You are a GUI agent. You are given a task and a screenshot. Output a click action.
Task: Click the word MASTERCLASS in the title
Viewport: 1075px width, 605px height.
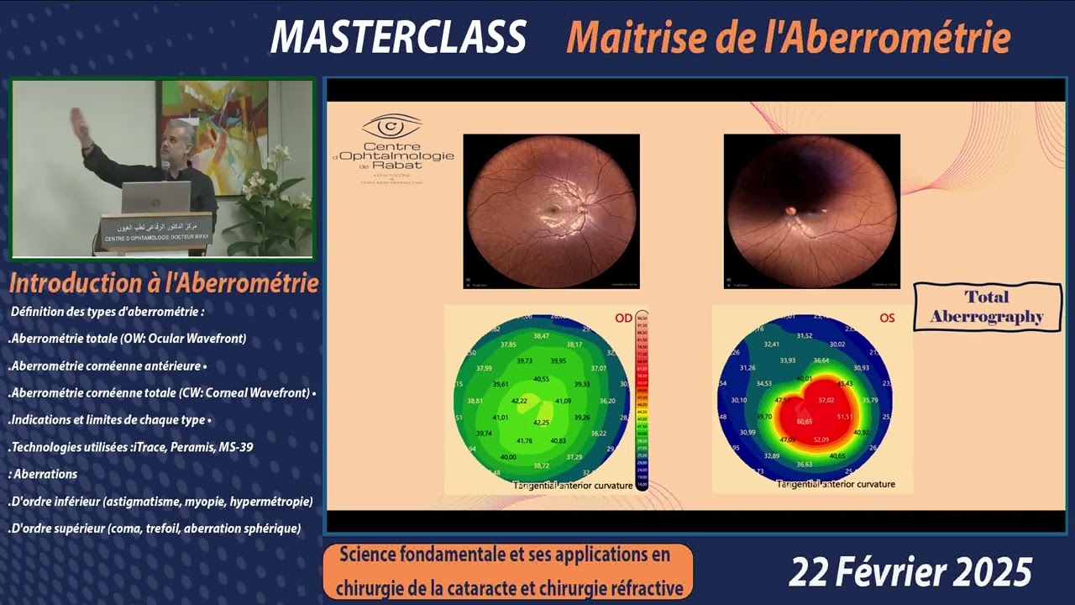398,37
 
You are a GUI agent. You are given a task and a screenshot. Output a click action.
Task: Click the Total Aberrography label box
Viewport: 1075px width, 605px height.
987,307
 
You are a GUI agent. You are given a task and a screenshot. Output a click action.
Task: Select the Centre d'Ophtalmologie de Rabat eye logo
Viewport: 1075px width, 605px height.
391,129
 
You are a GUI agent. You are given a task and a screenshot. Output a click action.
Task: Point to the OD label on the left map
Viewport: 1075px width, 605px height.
623,318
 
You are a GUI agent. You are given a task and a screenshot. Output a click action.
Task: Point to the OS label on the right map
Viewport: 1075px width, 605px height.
887,318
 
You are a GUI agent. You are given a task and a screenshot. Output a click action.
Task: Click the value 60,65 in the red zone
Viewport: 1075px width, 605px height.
805,421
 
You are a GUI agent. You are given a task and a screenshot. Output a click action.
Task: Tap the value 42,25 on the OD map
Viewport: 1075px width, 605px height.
542,422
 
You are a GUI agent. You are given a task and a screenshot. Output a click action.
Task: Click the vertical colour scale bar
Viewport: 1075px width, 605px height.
642,400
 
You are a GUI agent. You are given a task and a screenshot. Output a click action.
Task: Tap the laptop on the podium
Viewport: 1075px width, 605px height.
156,197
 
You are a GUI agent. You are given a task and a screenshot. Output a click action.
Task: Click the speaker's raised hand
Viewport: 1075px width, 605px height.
76,118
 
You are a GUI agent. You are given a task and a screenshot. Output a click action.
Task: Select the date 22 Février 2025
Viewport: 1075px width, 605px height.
910,572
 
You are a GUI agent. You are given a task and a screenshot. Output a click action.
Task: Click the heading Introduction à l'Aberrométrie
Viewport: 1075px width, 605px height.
164,283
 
